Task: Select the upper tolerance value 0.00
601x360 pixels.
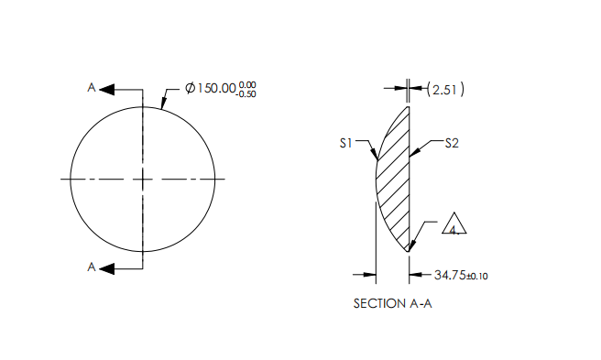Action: coord(246,84)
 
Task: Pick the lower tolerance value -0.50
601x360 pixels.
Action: coord(246,93)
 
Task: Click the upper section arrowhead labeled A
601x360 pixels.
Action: coord(106,89)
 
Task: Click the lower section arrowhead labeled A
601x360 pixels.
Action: coord(106,267)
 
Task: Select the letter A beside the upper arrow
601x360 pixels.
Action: coord(91,87)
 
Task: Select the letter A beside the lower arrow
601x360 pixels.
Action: coord(91,267)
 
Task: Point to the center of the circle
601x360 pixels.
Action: coord(143,179)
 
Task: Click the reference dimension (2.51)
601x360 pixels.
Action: coord(447,89)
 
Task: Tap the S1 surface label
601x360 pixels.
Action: coord(345,143)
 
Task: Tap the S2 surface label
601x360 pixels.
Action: coord(452,143)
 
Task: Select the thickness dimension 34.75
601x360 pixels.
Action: coord(450,274)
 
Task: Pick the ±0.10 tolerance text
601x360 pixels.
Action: coord(477,275)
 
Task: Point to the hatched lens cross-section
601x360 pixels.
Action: coord(394,179)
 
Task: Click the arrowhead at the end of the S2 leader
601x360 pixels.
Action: coord(412,152)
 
